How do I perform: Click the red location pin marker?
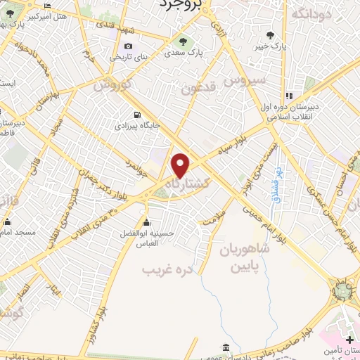[181, 165]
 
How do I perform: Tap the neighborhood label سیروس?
[245, 81]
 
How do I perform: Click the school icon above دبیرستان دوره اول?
[289, 96]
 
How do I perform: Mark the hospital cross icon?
[350, 340]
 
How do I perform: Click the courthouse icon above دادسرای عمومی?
[225, 347]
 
